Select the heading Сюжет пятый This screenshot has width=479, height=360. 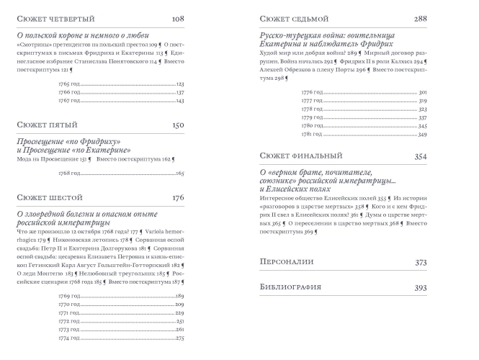47,125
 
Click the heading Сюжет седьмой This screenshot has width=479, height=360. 293,17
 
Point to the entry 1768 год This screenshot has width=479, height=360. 69,174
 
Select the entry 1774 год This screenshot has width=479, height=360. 69,338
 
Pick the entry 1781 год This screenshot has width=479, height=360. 312,135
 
